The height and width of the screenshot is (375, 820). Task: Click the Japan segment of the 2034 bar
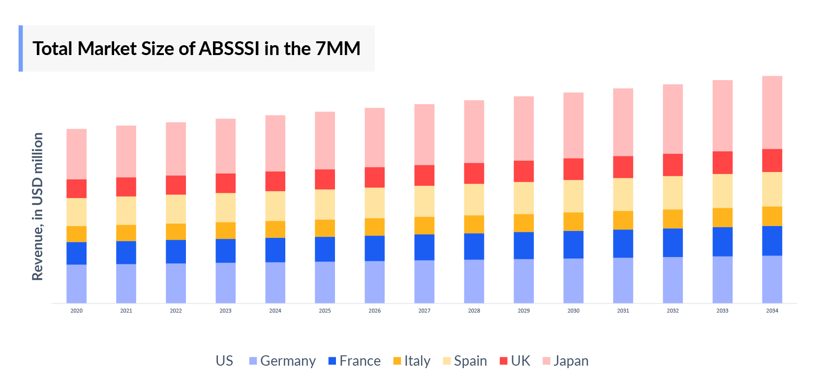(772, 113)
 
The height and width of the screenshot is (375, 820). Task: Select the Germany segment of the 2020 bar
(76, 284)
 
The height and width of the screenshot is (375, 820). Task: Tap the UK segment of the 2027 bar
(424, 175)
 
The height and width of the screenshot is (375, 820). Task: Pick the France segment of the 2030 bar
(573, 245)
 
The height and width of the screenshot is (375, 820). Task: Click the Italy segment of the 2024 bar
(275, 230)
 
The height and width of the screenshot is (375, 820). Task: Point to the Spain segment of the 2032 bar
(672, 193)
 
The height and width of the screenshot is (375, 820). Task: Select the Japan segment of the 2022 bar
(176, 149)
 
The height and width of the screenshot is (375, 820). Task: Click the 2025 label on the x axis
(325, 311)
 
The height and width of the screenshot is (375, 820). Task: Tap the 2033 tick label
(722, 311)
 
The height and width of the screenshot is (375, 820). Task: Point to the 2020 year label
(76, 311)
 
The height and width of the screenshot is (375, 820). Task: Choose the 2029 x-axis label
(523, 311)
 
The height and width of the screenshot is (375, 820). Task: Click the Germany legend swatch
(253, 361)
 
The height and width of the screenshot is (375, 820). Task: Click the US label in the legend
(224, 361)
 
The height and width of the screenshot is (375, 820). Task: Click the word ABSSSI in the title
(229, 49)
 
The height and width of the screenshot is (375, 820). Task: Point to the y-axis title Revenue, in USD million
(38, 206)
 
